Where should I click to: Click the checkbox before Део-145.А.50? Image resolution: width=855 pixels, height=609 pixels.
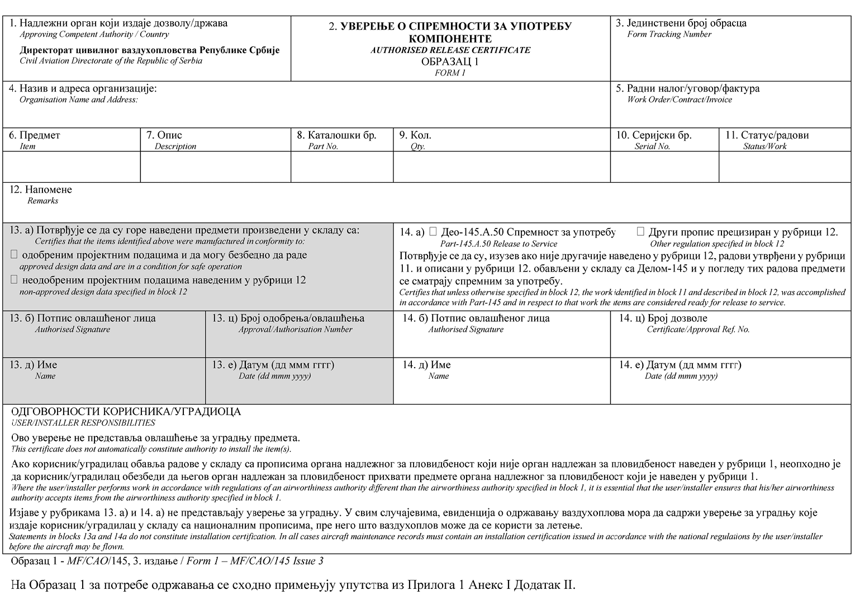[433, 231]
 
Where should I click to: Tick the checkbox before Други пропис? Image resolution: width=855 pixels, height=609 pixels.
[640, 231]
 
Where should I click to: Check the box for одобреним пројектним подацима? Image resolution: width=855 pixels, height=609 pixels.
[15, 255]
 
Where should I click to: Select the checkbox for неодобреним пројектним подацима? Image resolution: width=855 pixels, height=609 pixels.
[15, 279]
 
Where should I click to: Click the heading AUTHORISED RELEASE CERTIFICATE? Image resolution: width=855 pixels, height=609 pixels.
[450, 50]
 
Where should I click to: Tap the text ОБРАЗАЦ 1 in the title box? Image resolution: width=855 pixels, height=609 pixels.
[450, 61]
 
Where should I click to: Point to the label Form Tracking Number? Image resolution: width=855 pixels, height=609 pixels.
[669, 35]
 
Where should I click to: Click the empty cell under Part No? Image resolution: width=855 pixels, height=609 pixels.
[342, 166]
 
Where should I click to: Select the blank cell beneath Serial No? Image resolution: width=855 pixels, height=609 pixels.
[664, 166]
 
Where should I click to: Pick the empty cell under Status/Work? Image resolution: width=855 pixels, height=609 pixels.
[785, 166]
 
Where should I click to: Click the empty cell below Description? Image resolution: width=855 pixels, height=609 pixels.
[215, 166]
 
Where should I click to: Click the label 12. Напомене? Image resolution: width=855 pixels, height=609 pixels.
[41, 190]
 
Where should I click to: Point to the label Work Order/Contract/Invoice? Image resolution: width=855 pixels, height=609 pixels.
[679, 100]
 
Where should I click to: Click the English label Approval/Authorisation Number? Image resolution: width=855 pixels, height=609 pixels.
[295, 330]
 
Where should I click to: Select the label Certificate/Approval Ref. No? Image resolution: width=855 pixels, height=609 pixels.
[698, 330]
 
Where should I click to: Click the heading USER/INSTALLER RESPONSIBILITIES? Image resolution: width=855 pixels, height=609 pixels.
[83, 423]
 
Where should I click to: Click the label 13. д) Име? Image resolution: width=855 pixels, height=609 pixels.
[34, 365]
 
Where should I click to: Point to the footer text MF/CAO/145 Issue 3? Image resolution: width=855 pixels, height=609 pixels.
[255, 561]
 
